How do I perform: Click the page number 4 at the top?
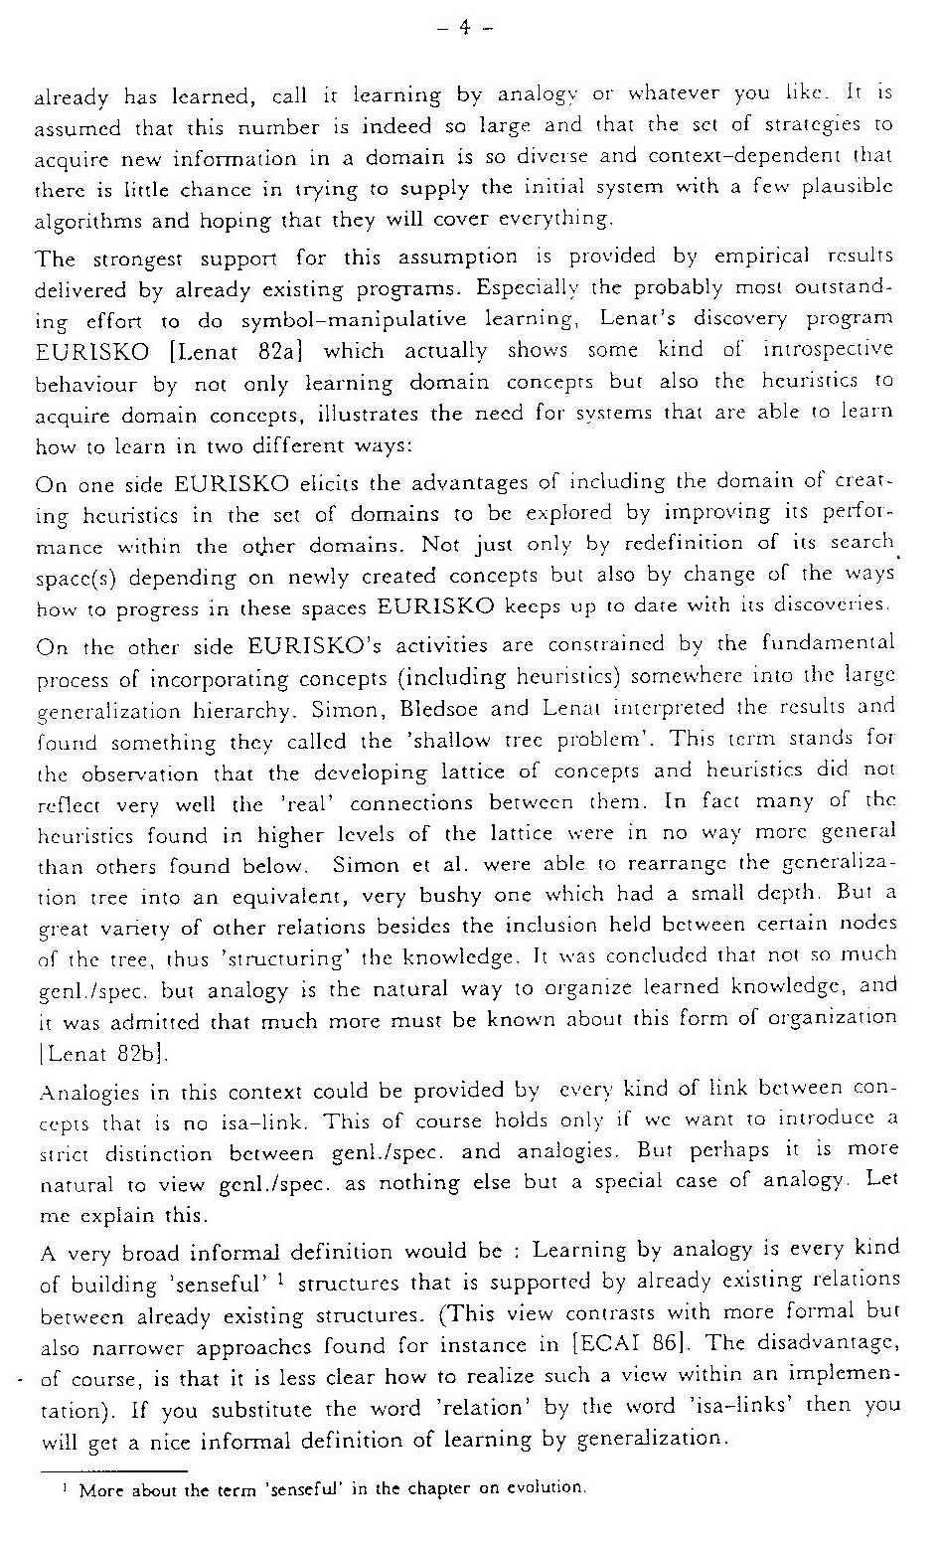click(464, 28)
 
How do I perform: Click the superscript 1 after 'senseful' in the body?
click(282, 1279)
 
